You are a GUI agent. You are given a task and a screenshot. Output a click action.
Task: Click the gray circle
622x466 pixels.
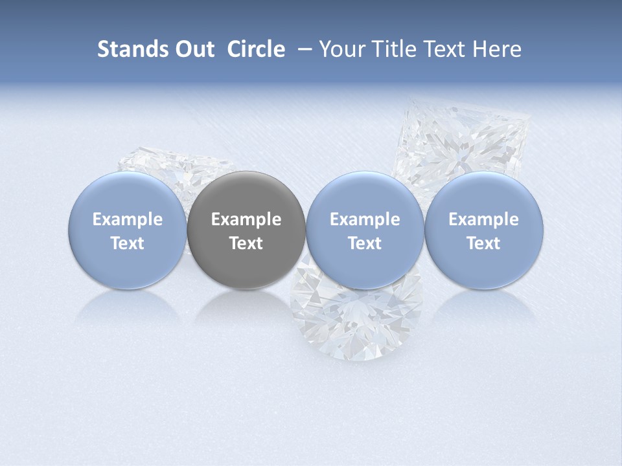tap(246, 230)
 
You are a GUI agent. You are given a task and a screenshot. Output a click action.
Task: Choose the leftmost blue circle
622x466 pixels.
tap(128, 230)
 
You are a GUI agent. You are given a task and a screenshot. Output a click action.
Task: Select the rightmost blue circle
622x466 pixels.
tap(484, 230)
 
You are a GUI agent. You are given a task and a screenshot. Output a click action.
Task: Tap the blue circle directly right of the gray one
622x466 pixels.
tap(365, 230)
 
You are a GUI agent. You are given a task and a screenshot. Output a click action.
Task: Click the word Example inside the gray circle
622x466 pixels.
tap(246, 219)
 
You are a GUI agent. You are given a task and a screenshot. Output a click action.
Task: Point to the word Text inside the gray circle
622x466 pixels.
tap(246, 243)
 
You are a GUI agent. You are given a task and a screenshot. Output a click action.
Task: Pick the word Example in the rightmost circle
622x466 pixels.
tap(484, 219)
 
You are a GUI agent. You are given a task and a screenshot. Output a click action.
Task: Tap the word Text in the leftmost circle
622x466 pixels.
tap(128, 243)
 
